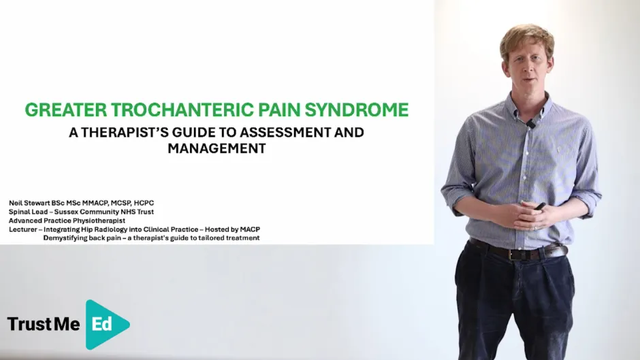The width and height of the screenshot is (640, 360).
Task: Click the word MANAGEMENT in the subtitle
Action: (x=216, y=148)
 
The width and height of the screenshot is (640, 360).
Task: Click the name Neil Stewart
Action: (x=32, y=203)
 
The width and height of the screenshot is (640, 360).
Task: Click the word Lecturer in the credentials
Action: (x=23, y=229)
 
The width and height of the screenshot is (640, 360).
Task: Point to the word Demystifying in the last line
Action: (x=66, y=238)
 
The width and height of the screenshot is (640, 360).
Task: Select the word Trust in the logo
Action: (x=29, y=325)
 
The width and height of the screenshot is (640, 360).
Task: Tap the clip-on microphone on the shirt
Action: (x=530, y=124)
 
